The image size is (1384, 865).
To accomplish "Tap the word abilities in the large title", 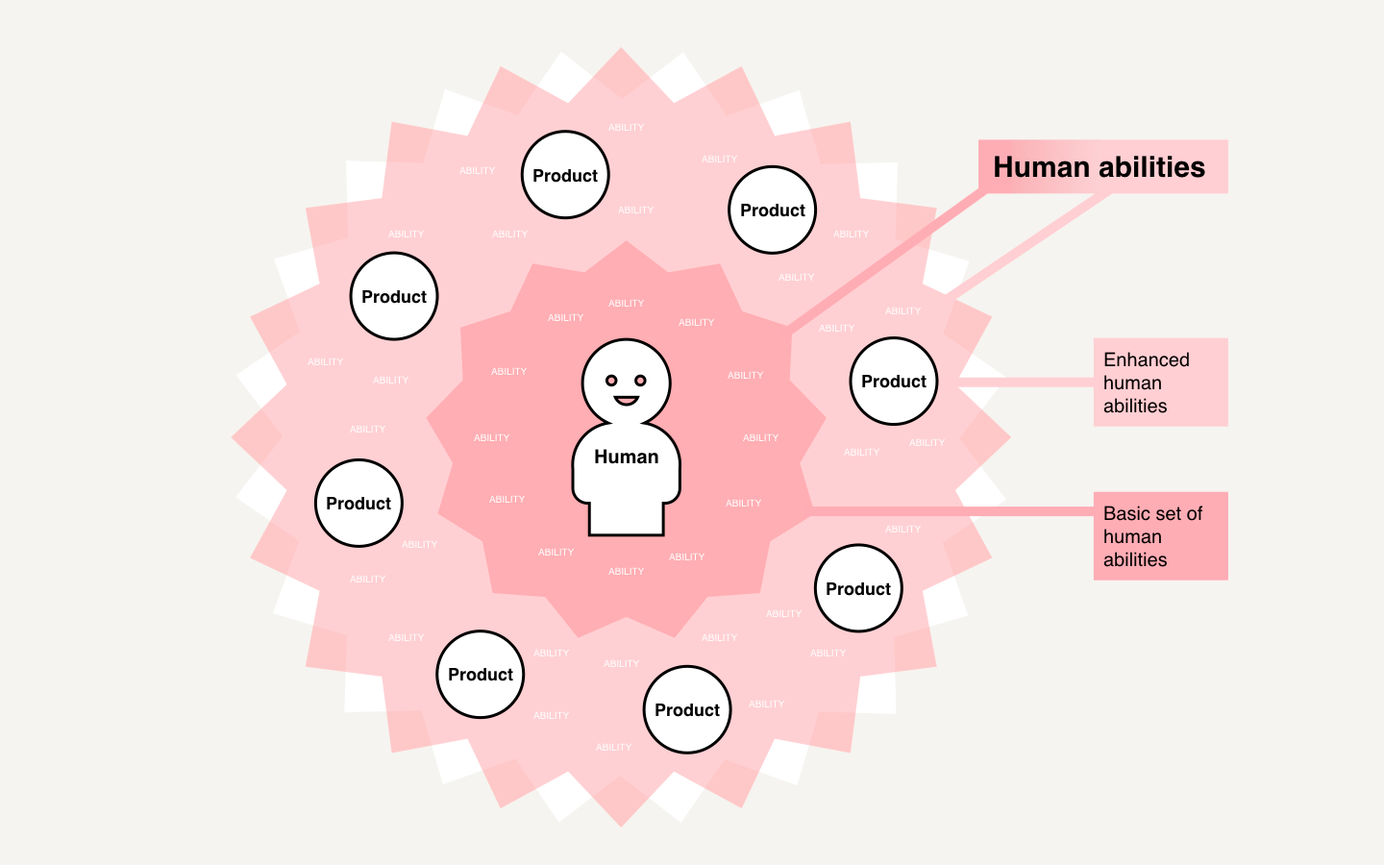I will click(1152, 167).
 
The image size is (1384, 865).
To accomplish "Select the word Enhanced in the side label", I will click(1146, 359).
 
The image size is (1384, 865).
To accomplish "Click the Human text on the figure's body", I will click(626, 457).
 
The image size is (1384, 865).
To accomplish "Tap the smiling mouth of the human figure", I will click(626, 400).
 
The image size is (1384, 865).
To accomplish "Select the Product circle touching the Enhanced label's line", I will click(894, 382).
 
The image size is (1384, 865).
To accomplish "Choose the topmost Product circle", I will click(565, 175).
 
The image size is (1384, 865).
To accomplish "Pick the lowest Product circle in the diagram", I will click(687, 710).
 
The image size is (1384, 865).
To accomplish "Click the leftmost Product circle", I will click(358, 504).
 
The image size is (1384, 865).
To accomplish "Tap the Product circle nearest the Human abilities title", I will click(773, 210).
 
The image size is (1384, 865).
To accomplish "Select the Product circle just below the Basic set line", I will click(858, 588).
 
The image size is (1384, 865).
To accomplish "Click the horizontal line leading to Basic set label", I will click(951, 511).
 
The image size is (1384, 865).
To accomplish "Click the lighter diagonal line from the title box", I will click(1028, 245).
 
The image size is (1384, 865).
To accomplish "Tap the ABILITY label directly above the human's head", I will click(626, 304).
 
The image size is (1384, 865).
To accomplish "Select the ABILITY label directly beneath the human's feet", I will click(626, 572).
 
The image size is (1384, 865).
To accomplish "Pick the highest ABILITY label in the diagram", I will click(626, 128).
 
